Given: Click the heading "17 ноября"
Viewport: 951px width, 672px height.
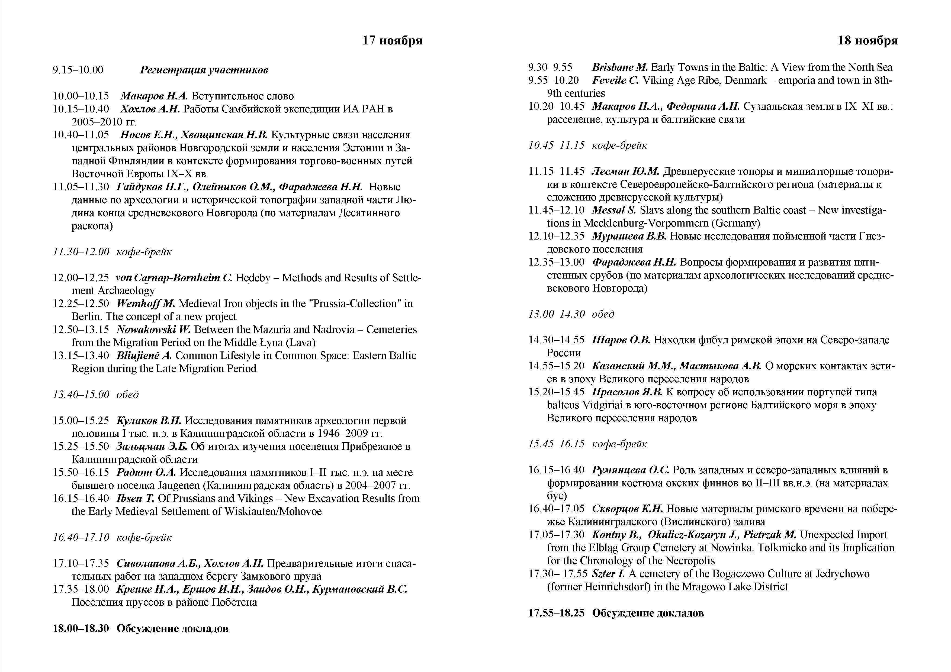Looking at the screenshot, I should [x=392, y=41].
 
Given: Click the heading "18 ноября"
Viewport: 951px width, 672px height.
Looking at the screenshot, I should [x=868, y=41].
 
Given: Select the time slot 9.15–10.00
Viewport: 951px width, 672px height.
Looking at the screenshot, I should [x=78, y=70].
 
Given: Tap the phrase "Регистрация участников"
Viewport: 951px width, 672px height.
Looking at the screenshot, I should [x=204, y=70].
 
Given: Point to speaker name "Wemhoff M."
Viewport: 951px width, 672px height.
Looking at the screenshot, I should [x=146, y=303].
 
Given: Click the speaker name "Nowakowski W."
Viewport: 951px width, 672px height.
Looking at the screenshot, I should [x=153, y=329].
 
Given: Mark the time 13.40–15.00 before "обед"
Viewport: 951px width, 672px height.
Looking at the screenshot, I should [x=81, y=395].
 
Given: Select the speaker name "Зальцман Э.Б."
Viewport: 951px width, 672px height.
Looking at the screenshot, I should [x=152, y=446].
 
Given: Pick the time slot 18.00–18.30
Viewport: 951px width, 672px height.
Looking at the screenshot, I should [x=81, y=629].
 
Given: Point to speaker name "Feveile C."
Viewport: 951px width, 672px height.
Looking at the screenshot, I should [x=615, y=80].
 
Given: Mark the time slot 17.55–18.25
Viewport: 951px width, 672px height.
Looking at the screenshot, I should [x=556, y=613].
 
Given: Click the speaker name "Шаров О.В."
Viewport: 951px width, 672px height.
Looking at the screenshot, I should [x=621, y=340].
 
